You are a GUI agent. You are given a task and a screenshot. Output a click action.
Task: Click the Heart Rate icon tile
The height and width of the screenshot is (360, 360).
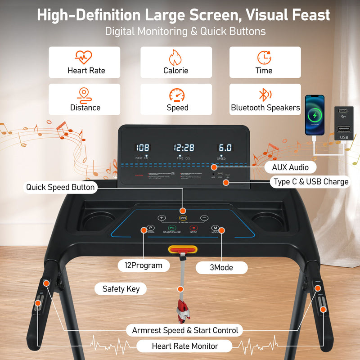click(x=85, y=63)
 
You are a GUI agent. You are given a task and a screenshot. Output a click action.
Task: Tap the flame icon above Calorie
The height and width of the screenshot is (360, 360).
click(x=175, y=58)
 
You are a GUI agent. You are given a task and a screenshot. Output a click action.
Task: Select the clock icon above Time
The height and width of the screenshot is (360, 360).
click(x=264, y=58)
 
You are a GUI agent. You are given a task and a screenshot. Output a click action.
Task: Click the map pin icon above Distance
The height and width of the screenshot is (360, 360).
click(x=85, y=95)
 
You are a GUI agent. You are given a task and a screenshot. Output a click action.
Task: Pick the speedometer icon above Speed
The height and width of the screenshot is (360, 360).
click(x=176, y=95)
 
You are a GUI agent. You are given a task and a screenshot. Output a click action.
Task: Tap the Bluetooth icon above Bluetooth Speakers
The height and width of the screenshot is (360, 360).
click(x=264, y=95)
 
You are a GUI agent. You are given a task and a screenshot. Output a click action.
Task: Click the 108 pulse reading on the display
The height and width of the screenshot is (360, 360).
click(x=143, y=148)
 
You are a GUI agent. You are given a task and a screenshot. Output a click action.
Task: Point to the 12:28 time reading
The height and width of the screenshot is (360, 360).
click(x=184, y=148)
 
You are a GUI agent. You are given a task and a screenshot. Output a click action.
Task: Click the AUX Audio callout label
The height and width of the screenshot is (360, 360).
click(x=290, y=167)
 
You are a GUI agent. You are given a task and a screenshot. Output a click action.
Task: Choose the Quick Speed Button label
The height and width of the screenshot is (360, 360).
click(x=60, y=187)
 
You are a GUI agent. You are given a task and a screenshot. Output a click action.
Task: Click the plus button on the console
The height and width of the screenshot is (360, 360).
click(x=162, y=218)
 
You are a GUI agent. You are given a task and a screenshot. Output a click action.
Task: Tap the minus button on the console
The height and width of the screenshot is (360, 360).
click(x=204, y=218)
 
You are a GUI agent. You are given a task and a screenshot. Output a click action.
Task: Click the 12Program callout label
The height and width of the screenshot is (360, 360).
click(x=144, y=265)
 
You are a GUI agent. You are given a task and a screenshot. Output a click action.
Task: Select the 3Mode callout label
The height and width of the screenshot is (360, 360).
click(x=222, y=267)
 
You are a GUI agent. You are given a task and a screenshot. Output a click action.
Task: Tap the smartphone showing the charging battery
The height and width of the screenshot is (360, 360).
click(x=315, y=115)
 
